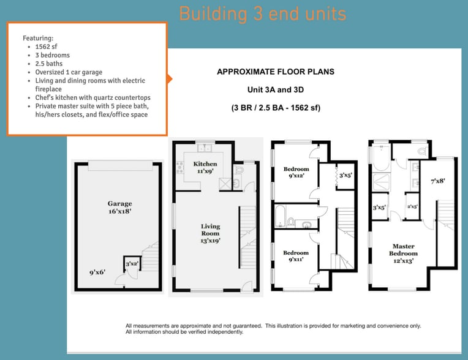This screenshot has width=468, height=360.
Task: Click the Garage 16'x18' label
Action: (119, 208)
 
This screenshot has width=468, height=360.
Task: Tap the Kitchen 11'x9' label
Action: (205, 167)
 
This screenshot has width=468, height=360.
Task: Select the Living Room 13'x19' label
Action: (211, 233)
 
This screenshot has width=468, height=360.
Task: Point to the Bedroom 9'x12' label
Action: (296, 172)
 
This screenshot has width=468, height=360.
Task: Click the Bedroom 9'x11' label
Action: (296, 256)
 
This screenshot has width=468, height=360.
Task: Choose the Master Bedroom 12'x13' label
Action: (403, 253)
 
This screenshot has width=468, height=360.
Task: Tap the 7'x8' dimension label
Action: (438, 181)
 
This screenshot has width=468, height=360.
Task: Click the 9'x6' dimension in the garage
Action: (97, 272)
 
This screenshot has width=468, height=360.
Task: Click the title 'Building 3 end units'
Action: (263, 13)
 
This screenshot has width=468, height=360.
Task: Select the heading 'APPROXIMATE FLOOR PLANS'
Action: (276, 72)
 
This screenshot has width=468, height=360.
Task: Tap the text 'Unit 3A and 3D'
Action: (276, 89)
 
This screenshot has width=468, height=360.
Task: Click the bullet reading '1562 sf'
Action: (47, 47)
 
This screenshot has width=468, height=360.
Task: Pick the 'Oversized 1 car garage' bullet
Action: (69, 72)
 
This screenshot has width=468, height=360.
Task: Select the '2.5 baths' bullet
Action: (49, 64)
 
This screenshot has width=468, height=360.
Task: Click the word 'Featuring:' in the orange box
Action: (38, 38)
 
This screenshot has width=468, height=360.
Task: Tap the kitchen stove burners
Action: (179, 167)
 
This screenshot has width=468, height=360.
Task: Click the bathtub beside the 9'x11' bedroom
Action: (280, 216)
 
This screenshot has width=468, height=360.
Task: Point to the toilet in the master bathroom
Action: (421, 151)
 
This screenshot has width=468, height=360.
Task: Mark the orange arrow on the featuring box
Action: (169, 79)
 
